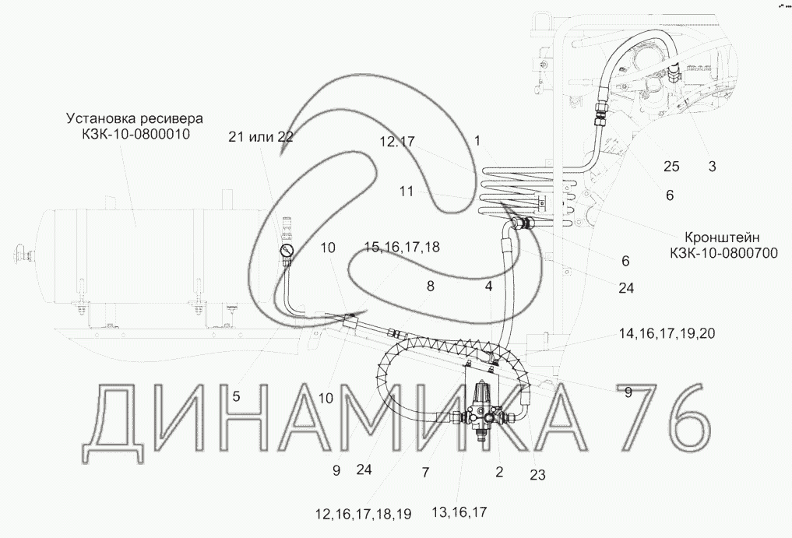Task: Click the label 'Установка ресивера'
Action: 135,118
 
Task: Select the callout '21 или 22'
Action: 261,137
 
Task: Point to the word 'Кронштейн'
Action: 722,237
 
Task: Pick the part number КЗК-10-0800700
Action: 723,253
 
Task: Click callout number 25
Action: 671,166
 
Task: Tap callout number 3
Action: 712,166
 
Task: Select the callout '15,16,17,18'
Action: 402,247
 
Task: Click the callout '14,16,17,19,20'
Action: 667,333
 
